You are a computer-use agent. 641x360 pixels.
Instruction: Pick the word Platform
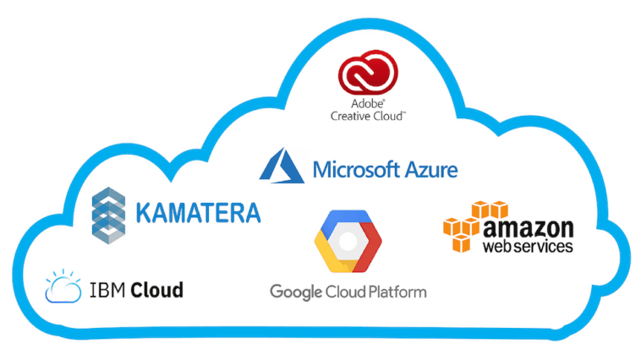394,292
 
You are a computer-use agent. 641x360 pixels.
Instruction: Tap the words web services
528,247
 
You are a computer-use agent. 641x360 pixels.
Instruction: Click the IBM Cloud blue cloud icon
64,287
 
